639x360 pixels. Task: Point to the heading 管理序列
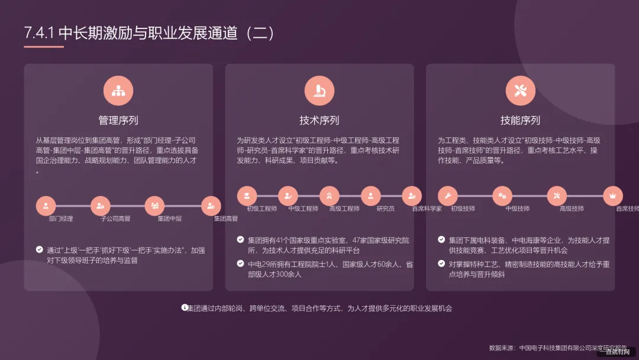coord(118,120)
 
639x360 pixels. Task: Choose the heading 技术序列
coord(319,120)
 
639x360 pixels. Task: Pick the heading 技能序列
coord(520,120)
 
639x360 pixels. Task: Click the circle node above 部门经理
coord(46,205)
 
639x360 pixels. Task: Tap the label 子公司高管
coord(115,219)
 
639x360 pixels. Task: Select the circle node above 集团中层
coord(154,205)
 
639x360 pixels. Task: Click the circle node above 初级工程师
coord(247,195)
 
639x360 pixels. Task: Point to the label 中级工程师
coord(303,209)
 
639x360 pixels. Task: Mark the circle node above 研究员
coord(370,195)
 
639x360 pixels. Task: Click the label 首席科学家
coord(427,209)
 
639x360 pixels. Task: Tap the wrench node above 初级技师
coord(448,195)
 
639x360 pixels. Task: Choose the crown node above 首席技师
coord(612,195)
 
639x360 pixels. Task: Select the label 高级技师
coord(572,209)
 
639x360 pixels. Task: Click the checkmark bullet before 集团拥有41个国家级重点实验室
coord(240,240)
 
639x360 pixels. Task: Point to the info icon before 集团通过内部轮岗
coord(184,307)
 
